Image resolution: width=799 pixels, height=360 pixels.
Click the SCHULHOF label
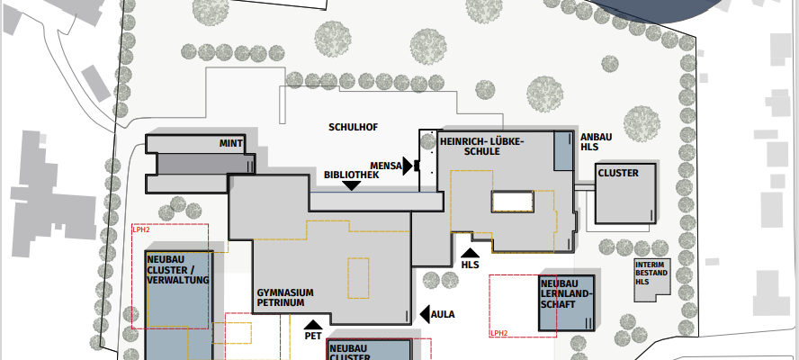coord(353,127)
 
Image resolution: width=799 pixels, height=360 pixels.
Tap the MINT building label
coord(231,144)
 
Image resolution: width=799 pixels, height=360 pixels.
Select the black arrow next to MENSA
coord(408,166)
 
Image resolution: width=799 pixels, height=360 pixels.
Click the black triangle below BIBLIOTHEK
coord(352,186)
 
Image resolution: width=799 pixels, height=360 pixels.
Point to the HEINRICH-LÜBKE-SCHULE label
coord(481,147)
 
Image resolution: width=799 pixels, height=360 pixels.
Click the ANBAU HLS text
coord(596,142)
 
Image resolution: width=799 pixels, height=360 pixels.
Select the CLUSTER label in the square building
coord(618,174)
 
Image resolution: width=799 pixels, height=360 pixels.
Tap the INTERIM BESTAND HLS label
coord(651,273)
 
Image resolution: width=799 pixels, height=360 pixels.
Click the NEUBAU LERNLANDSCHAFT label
coord(566,293)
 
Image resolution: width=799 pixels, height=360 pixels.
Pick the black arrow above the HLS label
coord(470,252)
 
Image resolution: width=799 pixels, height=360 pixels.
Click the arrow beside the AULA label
coord(425,314)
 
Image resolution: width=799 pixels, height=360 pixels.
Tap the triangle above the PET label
coord(313,324)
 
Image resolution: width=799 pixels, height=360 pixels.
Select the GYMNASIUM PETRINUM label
coord(285,298)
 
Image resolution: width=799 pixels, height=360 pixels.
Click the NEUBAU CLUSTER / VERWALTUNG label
coord(178,269)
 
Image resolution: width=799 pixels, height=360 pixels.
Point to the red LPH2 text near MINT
coord(141,230)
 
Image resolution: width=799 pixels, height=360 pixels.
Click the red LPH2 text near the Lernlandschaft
coord(498,333)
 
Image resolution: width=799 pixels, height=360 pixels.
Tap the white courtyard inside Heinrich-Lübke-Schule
coord(512,201)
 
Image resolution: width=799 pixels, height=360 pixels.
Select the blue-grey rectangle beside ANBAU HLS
coord(563,151)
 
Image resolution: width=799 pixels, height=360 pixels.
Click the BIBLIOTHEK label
coord(352,175)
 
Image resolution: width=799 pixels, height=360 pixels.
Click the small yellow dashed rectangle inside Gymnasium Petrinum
coord(358,278)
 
